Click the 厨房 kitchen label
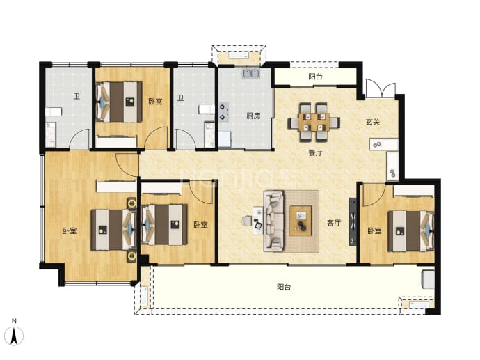tap(253, 116)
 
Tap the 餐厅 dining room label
tap(315, 152)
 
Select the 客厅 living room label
tap(334, 223)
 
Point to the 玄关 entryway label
tap(373, 122)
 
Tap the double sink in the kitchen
tap(251, 73)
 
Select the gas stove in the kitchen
tap(223, 112)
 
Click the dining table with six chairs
tap(314, 122)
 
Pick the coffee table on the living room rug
tap(301, 221)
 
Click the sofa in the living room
tap(273, 221)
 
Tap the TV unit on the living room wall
tap(353, 221)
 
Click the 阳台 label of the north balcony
tap(315, 77)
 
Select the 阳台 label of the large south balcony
tap(284, 287)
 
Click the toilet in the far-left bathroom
tap(54, 111)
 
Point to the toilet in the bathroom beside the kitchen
tap(207, 109)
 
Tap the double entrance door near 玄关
tap(380, 88)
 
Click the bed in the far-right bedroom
tap(411, 230)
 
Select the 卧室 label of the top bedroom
tap(155, 102)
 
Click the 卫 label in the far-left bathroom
tap(77, 97)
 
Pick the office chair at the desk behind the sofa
tap(247, 220)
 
